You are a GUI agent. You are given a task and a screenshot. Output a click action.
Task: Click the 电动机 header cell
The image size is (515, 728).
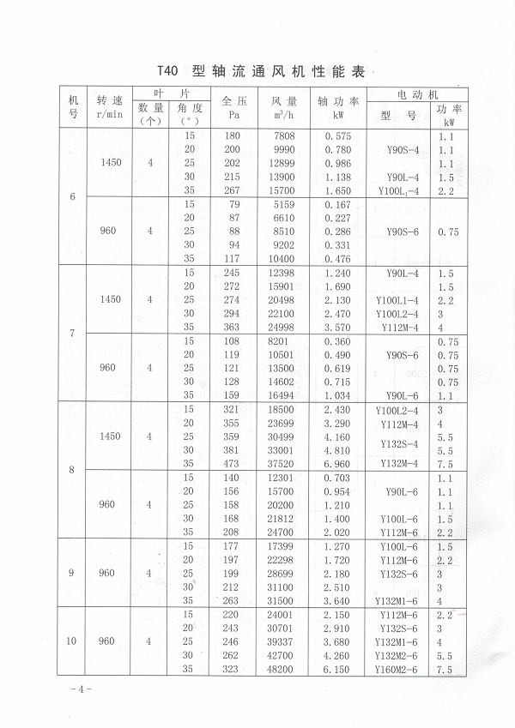point(418,93)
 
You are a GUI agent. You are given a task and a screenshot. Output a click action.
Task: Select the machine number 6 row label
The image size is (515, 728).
point(72,197)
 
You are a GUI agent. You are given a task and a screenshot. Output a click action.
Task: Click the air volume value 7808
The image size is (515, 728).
point(284,136)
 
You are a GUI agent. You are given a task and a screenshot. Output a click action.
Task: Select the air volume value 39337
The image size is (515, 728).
point(284,641)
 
